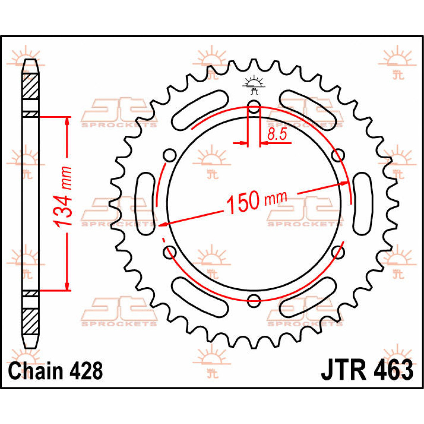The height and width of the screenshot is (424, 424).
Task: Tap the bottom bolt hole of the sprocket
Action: click(x=254, y=300)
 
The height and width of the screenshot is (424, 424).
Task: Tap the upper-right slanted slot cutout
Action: click(x=307, y=110)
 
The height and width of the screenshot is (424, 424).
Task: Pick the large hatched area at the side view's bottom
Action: click(x=31, y=321)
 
